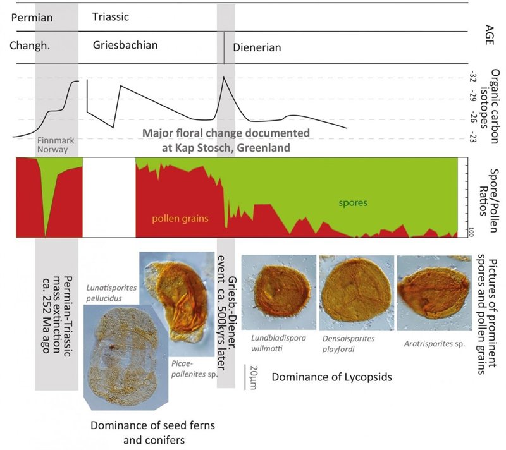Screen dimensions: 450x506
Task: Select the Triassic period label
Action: click(110, 17)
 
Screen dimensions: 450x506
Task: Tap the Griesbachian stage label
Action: click(125, 46)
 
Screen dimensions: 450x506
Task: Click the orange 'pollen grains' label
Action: click(174, 219)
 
